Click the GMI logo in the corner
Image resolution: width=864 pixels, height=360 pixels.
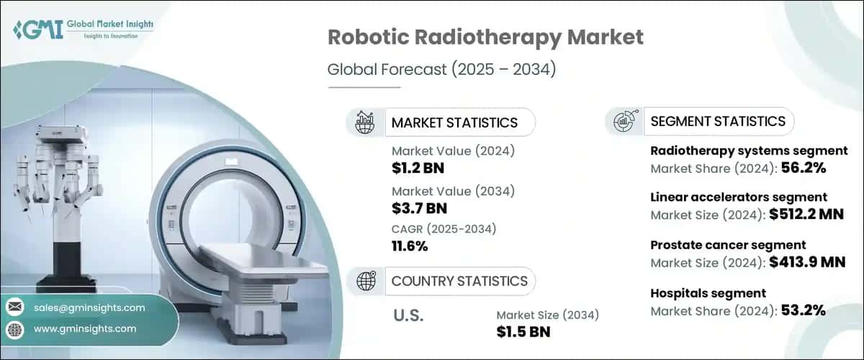[84, 30]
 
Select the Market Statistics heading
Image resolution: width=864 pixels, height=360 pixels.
[454, 122]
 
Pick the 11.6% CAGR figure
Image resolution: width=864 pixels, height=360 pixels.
[410, 246]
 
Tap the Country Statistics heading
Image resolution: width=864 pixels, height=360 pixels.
[459, 281]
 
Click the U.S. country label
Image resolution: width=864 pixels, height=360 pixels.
[408, 315]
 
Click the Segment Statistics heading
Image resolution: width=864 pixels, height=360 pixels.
[718, 121]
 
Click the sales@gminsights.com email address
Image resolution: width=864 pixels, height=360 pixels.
[89, 307]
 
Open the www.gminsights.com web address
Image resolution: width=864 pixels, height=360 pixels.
[85, 328]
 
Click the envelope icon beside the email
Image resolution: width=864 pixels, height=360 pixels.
[14, 307]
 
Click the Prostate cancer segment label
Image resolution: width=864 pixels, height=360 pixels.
[728, 246]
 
